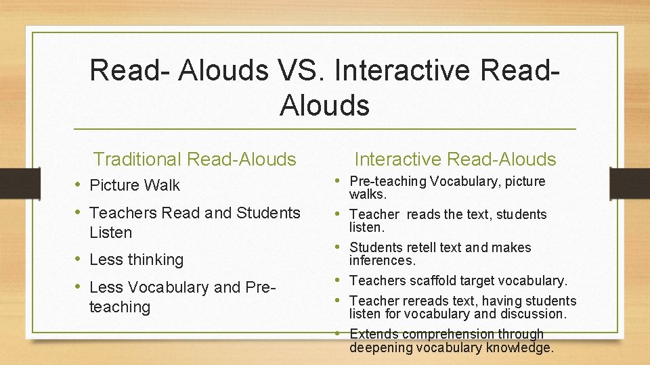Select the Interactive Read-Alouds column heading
455,160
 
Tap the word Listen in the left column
110,233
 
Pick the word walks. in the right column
368,195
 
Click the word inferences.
383,261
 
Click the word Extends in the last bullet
371,334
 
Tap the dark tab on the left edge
10,183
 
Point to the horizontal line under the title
325,129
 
